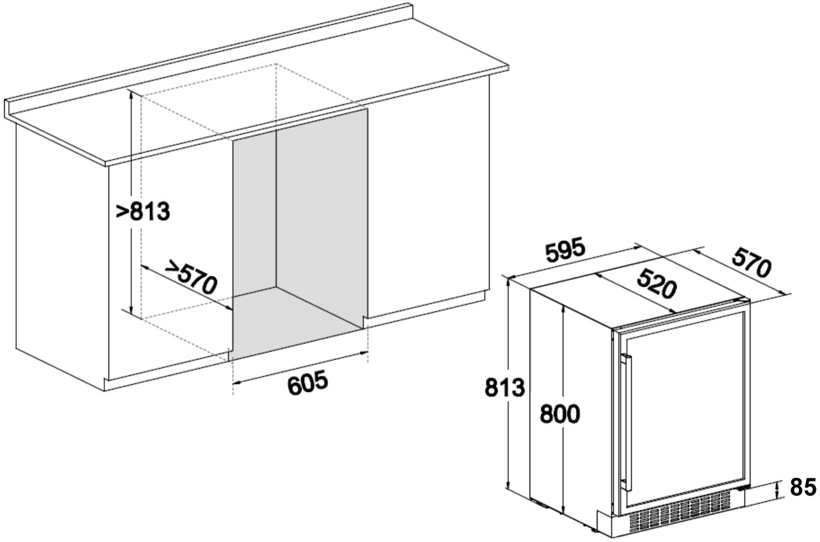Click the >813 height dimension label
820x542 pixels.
(x=143, y=211)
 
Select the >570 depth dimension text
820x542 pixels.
(x=191, y=277)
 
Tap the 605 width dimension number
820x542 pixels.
(x=308, y=383)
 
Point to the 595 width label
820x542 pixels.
(x=566, y=250)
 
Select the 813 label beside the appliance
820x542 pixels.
(x=505, y=388)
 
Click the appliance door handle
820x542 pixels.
(x=627, y=423)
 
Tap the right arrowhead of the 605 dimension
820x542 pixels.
(x=364, y=352)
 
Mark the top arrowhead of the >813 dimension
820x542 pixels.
(x=131, y=94)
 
